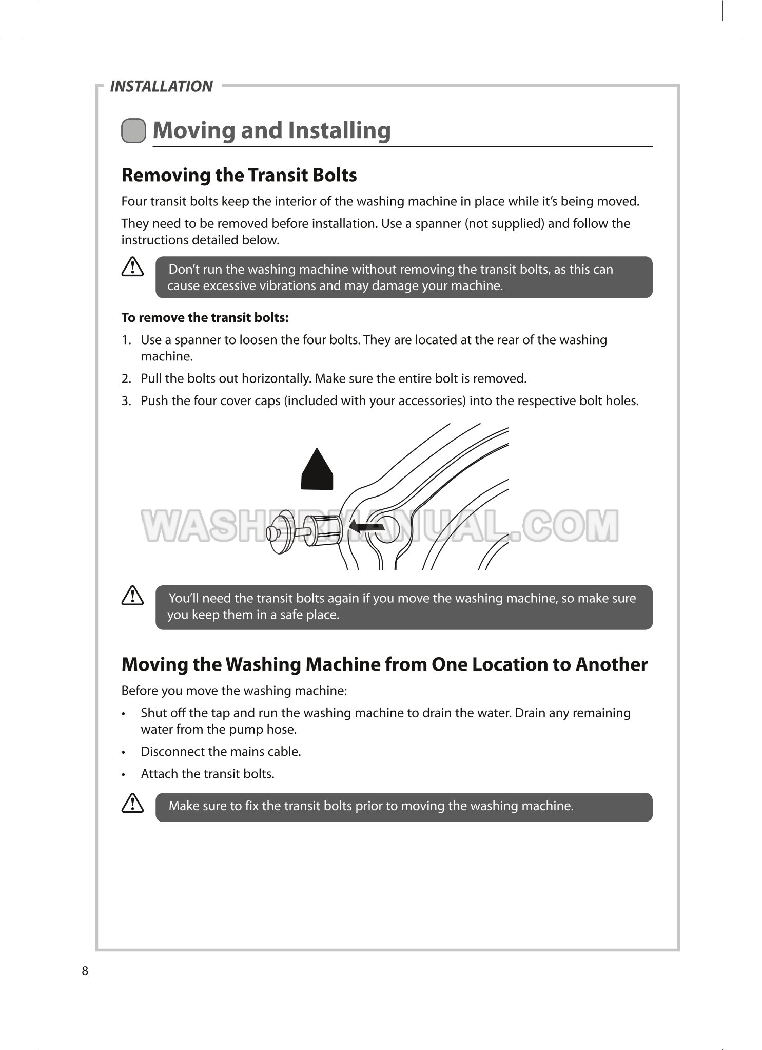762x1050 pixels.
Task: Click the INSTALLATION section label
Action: tap(161, 86)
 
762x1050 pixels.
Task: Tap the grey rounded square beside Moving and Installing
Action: tap(133, 130)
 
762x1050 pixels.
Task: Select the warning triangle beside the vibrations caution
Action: tap(132, 267)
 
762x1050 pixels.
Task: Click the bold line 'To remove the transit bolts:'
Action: tap(205, 318)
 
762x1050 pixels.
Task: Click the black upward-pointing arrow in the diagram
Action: tap(317, 470)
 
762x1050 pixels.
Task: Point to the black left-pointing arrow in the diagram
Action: tap(366, 527)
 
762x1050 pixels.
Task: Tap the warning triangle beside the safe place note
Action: tap(132, 596)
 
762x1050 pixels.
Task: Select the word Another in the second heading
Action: tap(611, 664)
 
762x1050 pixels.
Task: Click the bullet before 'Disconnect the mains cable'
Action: tap(124, 752)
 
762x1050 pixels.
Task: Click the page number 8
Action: tap(85, 971)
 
